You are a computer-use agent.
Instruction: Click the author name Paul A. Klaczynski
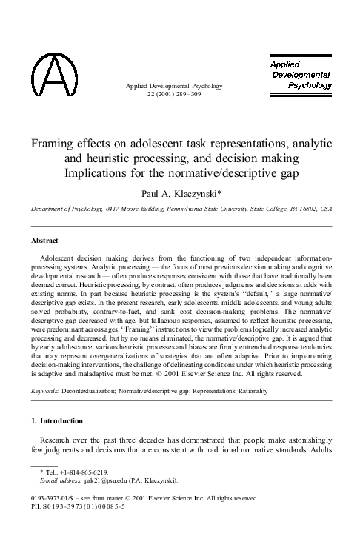pos(180,192)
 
